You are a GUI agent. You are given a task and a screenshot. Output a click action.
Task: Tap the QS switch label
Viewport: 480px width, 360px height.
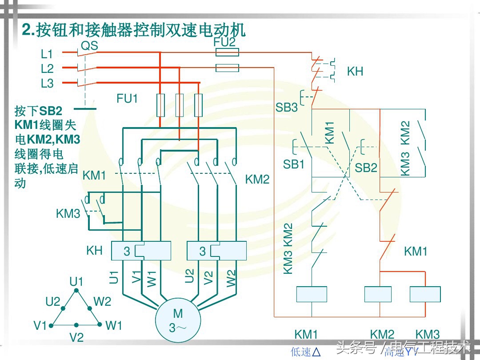(89, 46)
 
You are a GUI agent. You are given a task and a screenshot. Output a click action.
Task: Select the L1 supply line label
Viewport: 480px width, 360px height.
(47, 54)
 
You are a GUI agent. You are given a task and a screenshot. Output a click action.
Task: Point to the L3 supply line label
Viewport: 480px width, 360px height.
(47, 83)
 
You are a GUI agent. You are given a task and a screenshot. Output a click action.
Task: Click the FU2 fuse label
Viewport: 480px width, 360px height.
(224, 42)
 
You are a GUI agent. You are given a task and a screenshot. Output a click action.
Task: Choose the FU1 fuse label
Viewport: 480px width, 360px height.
(128, 99)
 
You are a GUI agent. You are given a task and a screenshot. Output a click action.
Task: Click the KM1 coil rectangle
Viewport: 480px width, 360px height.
(312, 294)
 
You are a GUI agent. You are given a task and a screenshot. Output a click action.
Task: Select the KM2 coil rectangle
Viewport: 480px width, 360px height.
(378, 294)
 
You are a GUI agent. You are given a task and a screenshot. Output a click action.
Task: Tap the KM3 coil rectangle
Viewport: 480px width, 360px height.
(425, 294)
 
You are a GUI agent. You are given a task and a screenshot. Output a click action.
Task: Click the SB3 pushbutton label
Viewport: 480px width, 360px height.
(287, 107)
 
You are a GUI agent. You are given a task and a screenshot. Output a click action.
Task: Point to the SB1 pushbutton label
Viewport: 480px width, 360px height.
(294, 164)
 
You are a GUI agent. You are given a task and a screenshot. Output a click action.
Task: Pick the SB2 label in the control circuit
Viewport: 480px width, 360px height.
(366, 168)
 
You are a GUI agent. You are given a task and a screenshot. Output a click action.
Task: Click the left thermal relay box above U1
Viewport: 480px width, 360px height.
(141, 251)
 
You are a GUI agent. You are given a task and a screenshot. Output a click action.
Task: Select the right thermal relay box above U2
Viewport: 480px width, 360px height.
(217, 251)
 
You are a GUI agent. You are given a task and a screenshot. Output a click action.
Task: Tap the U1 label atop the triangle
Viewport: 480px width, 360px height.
(76, 281)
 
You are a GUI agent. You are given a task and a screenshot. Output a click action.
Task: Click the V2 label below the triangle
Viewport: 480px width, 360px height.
(76, 338)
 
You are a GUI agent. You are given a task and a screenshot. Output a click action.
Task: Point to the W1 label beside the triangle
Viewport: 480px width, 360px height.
(114, 326)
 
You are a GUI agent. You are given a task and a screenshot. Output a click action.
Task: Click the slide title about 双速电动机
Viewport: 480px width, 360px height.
(134, 30)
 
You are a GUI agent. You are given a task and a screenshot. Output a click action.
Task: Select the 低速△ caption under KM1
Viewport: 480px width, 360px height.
(306, 352)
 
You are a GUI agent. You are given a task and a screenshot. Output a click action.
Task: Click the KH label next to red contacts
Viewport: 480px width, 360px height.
(355, 72)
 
